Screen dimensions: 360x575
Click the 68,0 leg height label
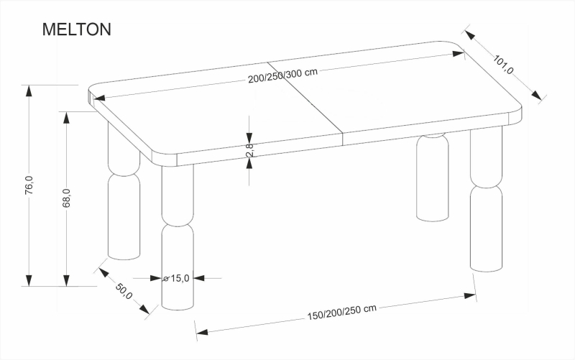66,198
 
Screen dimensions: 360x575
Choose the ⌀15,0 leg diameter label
176,278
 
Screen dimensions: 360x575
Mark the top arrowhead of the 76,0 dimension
29,90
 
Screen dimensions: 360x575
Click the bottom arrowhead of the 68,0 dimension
67,281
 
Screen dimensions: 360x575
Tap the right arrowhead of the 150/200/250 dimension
471,294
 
